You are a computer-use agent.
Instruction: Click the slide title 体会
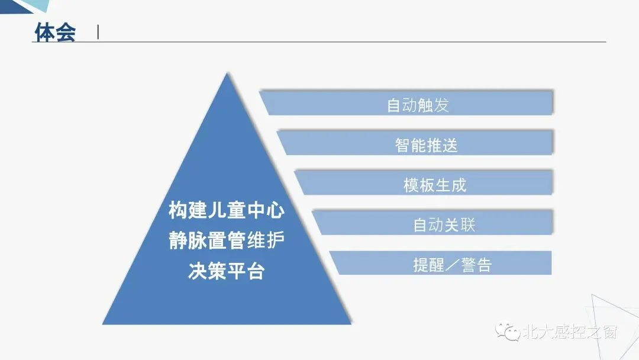click(55, 32)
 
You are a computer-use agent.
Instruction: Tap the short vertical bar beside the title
click(98, 33)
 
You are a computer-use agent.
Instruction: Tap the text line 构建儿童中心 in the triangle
click(227, 210)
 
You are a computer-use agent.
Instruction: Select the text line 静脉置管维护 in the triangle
click(227, 241)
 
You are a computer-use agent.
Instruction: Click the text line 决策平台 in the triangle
click(227, 271)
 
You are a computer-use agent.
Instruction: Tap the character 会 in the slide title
click(65, 32)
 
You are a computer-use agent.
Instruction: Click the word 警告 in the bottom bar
click(476, 265)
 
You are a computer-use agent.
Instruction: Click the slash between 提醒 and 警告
click(452, 265)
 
